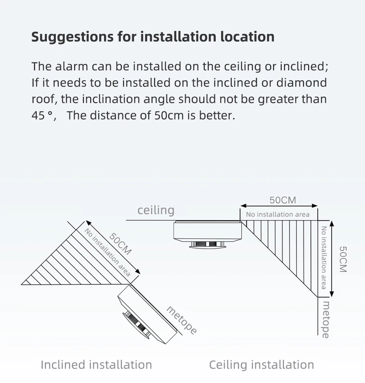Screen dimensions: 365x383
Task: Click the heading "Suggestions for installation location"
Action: [153, 37]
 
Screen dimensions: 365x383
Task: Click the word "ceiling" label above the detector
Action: [156, 210]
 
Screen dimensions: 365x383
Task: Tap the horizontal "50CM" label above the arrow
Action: [283, 200]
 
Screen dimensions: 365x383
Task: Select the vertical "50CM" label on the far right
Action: [343, 259]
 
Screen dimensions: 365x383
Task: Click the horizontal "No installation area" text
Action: [277, 214]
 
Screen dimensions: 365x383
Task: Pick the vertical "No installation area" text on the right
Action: [323, 258]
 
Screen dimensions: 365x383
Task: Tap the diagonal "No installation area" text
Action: [107, 252]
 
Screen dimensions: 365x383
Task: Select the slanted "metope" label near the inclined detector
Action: [182, 320]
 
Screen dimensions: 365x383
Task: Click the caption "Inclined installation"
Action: [96, 364]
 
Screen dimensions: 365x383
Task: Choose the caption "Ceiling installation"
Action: [261, 364]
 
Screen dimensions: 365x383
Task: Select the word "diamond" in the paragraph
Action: [301, 83]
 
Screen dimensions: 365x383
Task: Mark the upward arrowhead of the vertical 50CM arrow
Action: [332, 223]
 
